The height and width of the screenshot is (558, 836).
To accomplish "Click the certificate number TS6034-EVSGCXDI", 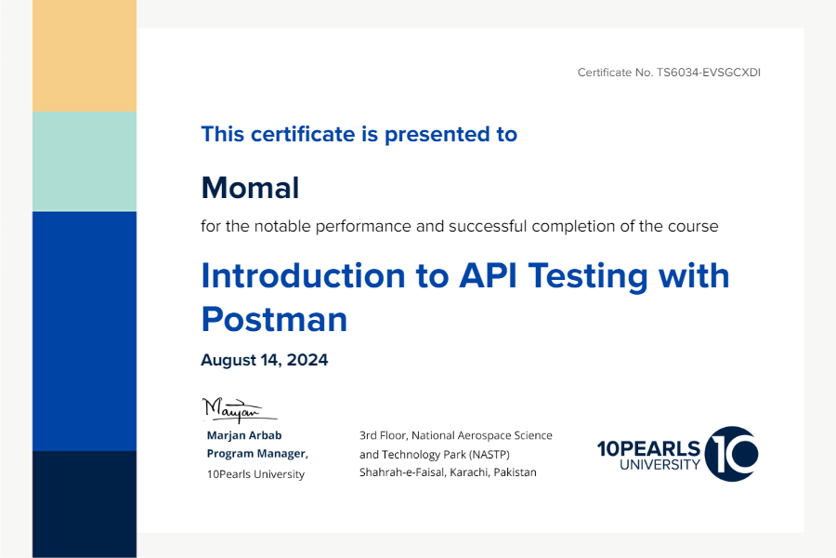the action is click(708, 73).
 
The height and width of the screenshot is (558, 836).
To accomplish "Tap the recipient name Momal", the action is click(250, 188).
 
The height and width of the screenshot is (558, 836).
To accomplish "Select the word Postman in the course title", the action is click(274, 319).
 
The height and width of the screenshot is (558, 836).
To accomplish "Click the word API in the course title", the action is click(488, 275).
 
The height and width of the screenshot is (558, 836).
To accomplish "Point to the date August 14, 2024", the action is click(265, 360).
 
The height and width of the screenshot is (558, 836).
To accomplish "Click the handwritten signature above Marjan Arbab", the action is click(239, 410).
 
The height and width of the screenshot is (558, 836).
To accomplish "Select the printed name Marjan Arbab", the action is click(244, 435).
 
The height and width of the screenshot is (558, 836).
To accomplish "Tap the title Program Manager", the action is click(257, 453).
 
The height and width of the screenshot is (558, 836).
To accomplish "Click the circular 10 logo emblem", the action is click(732, 454).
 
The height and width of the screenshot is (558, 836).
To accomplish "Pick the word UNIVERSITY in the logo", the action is click(660, 465).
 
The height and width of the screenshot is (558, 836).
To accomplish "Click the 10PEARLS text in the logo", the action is click(648, 448).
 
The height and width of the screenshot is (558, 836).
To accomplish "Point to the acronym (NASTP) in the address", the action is click(490, 455).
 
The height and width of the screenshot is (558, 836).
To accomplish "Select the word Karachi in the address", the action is click(469, 472).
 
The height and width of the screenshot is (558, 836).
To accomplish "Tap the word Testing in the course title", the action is click(588, 276).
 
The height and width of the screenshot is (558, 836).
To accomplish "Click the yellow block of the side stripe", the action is click(85, 56).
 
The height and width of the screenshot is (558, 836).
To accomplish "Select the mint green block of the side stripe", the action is click(85, 161).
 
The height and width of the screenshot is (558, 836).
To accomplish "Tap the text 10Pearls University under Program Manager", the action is click(256, 474).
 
